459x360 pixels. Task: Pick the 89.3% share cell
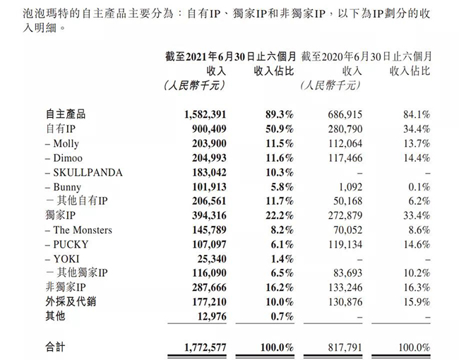click(278, 114)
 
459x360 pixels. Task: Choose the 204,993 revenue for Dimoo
click(205, 157)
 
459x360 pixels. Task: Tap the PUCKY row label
click(68, 244)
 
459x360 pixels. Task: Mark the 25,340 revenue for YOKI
click(208, 258)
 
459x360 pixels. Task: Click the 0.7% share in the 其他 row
click(281, 316)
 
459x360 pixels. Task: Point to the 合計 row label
click(55, 347)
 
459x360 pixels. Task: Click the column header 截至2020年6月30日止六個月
click(365, 56)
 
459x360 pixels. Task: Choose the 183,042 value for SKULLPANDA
click(205, 172)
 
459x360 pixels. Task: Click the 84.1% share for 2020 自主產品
click(415, 114)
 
